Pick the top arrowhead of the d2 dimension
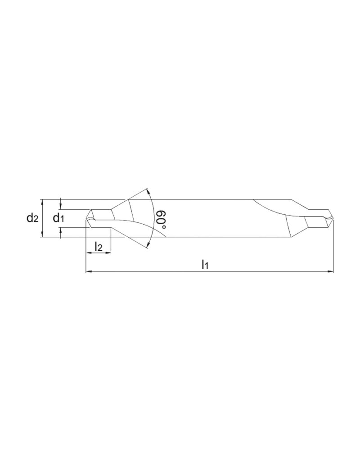tap(42, 201)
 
